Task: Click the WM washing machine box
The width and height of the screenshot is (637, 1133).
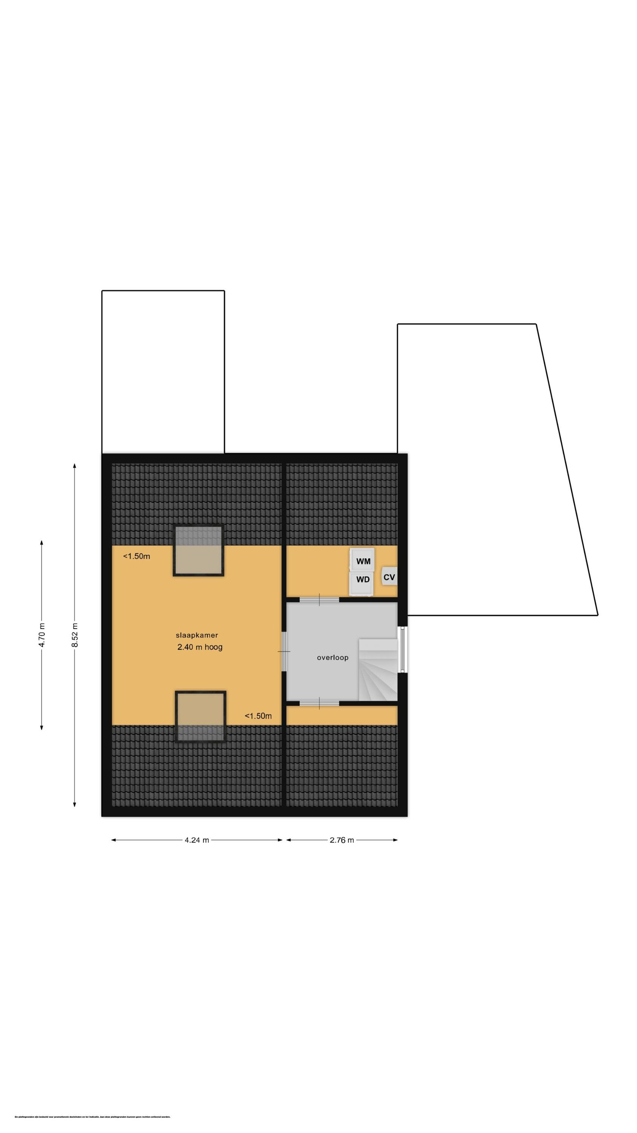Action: click(363, 561)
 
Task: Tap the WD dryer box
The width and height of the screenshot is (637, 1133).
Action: click(363, 579)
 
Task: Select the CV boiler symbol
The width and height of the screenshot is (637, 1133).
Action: click(389, 577)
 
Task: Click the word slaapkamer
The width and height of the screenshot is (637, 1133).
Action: click(197, 635)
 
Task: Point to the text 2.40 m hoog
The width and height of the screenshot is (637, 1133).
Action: click(200, 647)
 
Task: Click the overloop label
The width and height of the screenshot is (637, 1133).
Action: click(332, 658)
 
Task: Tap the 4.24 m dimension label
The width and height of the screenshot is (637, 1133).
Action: click(197, 840)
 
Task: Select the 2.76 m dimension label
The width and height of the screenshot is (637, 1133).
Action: click(342, 840)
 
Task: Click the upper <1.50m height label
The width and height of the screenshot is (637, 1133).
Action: click(136, 556)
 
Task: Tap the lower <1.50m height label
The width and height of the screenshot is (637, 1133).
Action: click(258, 716)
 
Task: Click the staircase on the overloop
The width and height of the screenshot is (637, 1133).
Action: click(377, 671)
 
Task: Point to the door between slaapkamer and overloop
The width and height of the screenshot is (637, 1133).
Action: click(284, 651)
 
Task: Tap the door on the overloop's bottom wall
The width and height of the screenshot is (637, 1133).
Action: click(319, 703)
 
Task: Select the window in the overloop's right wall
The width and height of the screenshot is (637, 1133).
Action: click(402, 650)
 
